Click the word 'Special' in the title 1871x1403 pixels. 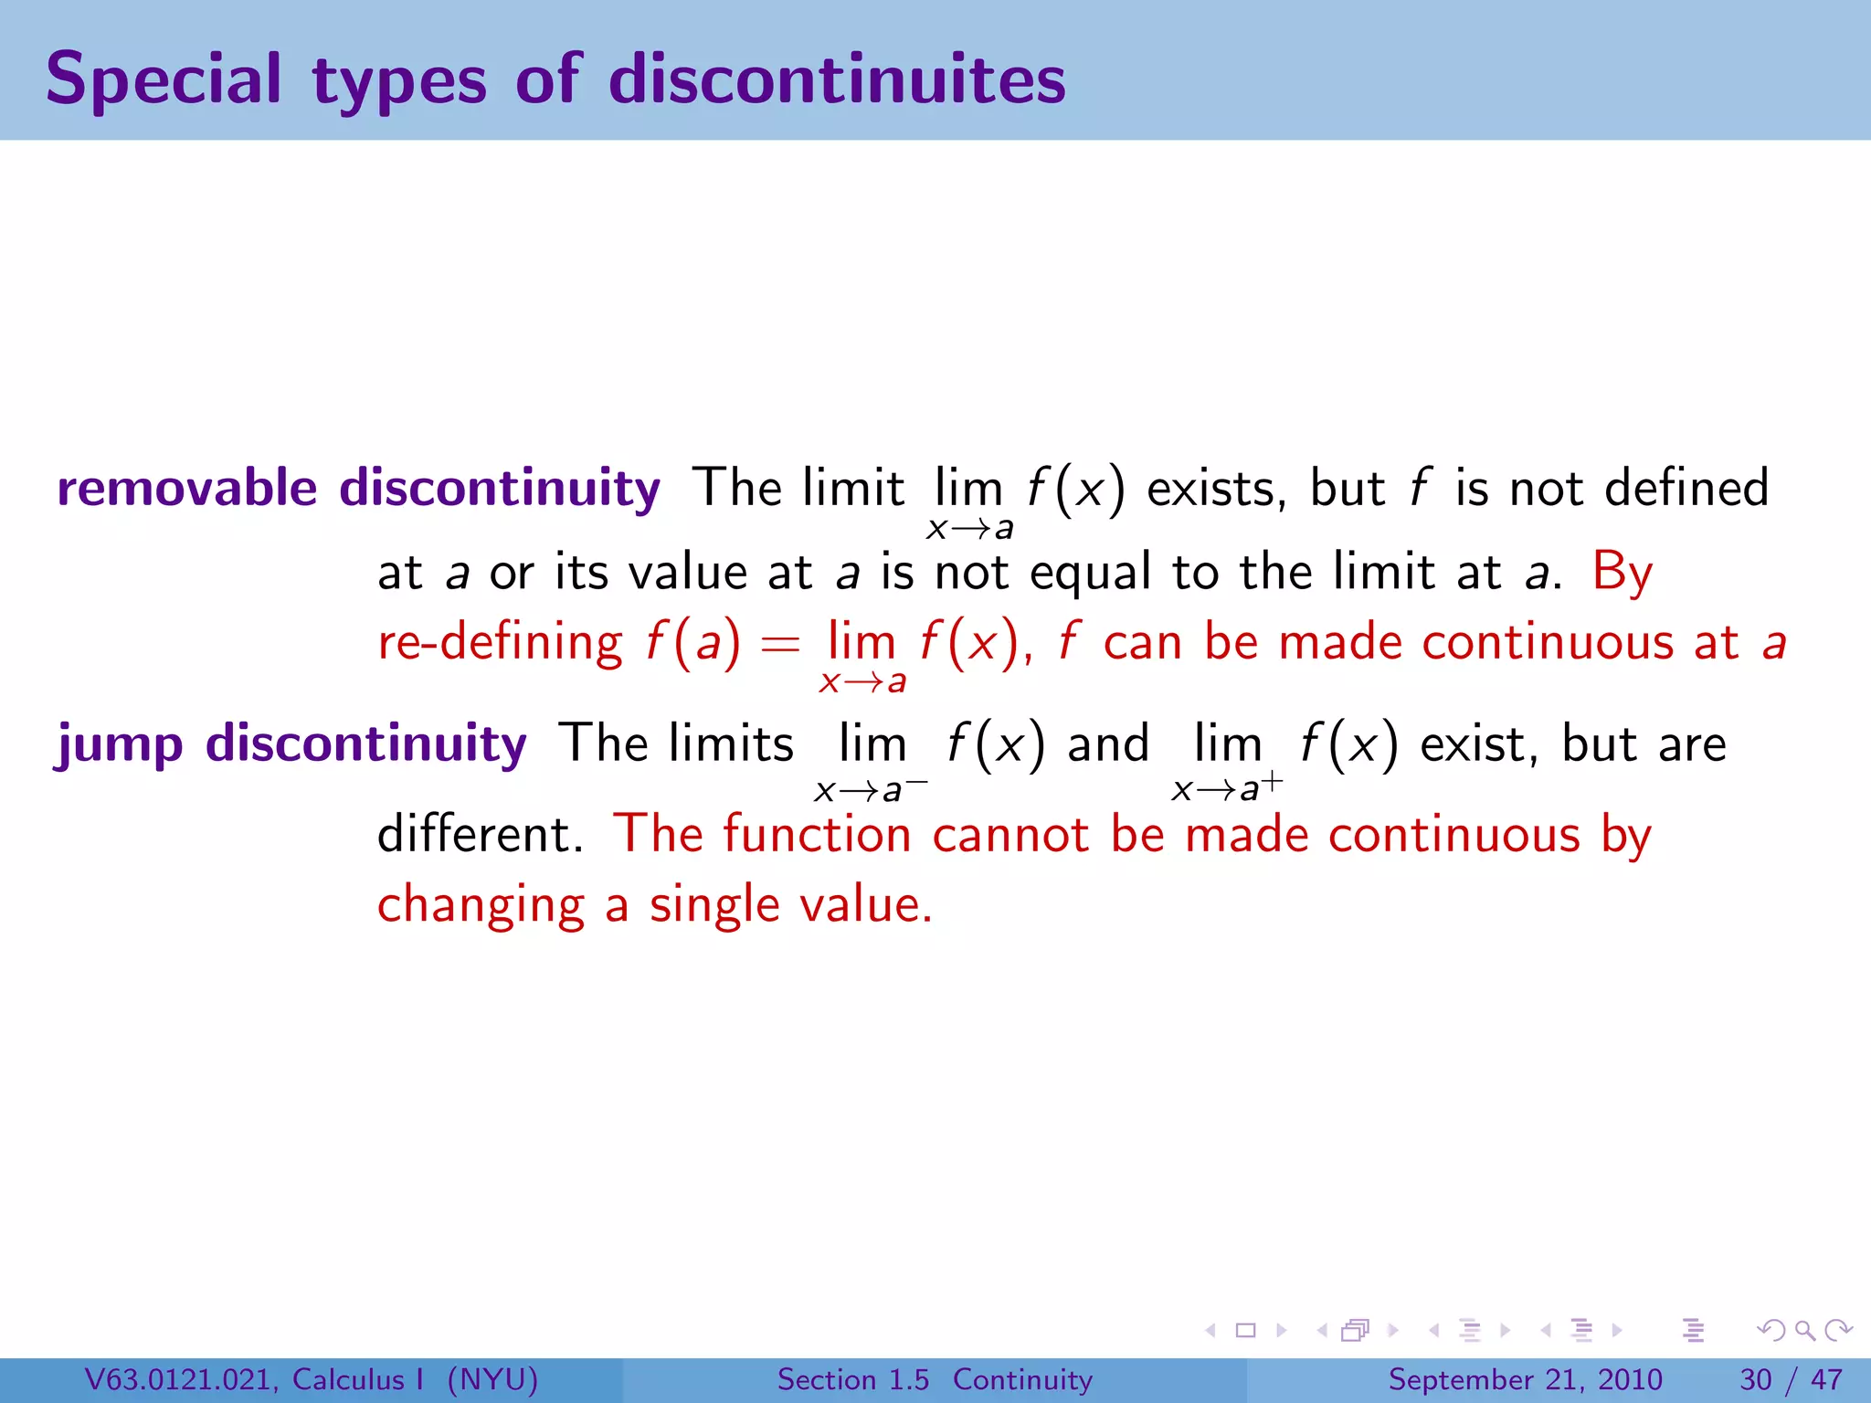point(164,80)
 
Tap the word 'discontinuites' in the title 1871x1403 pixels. point(837,79)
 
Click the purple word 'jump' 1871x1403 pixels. point(120,744)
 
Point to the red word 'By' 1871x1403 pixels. point(1622,574)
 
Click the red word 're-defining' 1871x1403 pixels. point(500,642)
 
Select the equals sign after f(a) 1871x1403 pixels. point(780,643)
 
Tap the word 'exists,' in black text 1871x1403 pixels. point(1216,489)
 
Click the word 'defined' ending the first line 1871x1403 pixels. point(1686,487)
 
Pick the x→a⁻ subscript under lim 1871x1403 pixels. point(870,789)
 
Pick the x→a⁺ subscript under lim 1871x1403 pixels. point(1227,788)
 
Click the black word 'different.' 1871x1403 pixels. point(481,834)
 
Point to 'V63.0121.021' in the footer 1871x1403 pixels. point(181,1379)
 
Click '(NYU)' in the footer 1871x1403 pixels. point(492,1379)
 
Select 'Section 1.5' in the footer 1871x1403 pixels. point(852,1379)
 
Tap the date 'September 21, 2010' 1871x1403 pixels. point(1525,1379)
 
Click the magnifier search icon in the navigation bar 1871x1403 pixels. point(1804,1330)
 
